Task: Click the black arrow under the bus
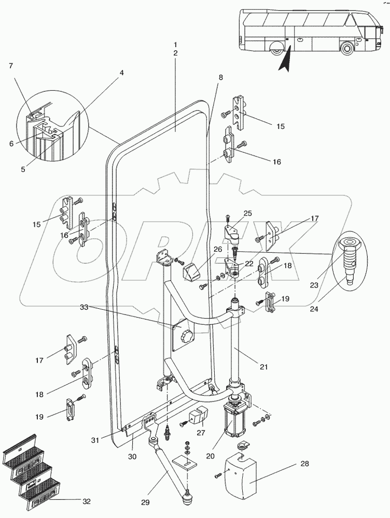pos(284,59)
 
